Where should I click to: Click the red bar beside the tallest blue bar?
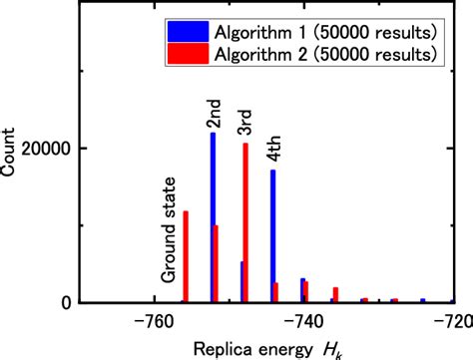pos(217,263)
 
